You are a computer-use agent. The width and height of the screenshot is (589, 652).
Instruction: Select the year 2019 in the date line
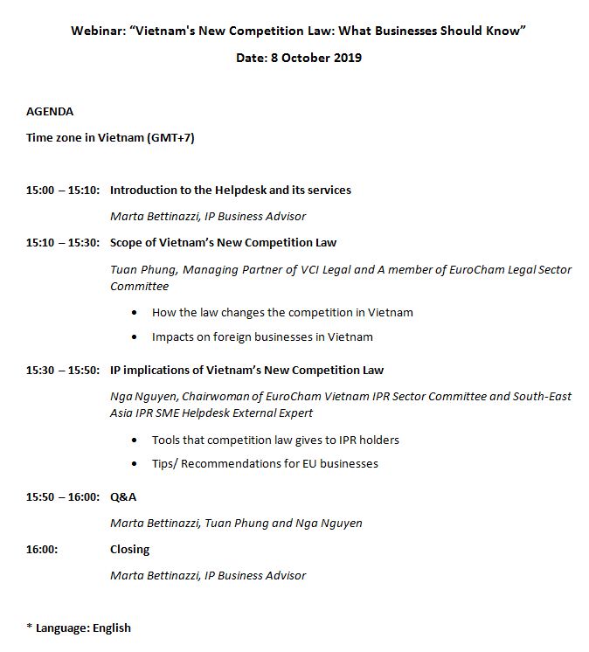coord(346,58)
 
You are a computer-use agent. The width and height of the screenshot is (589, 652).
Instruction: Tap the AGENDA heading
coord(50,112)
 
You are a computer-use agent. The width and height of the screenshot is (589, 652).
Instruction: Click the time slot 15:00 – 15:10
coord(63,191)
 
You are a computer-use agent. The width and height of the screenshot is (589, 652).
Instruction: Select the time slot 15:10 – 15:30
coord(63,243)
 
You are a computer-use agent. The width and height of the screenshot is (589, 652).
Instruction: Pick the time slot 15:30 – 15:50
coord(63,371)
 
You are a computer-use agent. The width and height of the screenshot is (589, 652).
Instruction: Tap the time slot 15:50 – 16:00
coord(63,497)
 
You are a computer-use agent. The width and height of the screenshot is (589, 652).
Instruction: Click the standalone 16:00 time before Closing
coord(42,550)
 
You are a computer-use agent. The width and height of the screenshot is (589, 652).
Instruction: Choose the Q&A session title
coord(123,497)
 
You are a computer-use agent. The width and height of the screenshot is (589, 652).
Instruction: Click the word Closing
coord(129,550)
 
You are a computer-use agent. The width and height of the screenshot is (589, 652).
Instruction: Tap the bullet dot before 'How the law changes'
coord(134,313)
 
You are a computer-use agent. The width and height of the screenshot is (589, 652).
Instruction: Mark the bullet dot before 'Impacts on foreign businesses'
coord(134,337)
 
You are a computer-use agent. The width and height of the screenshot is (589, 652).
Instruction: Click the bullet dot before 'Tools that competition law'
coord(134,440)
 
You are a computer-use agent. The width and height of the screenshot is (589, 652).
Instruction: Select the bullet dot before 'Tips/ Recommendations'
coord(134,464)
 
